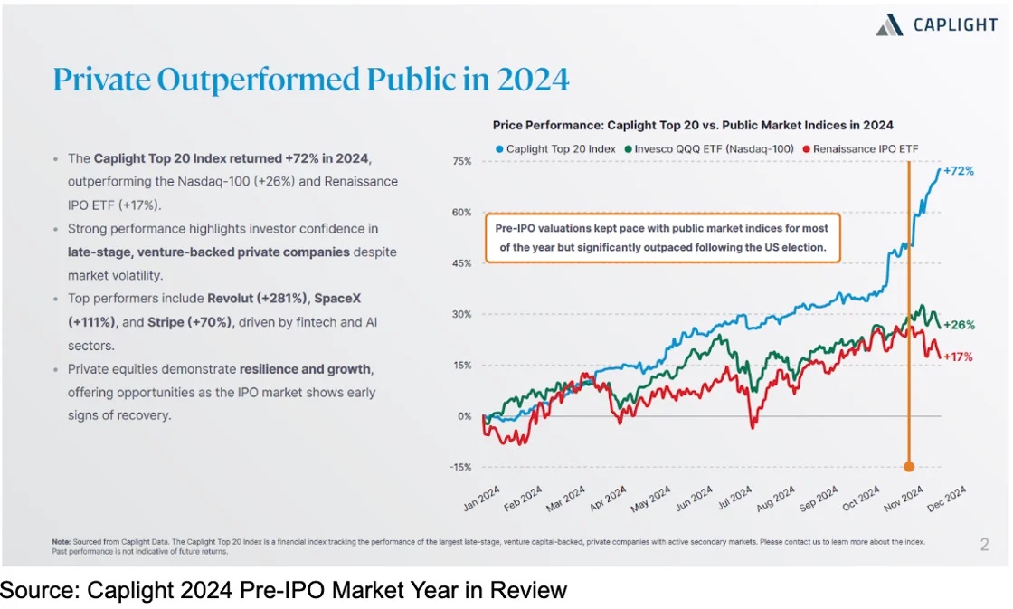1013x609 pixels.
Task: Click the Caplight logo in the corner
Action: coord(936,25)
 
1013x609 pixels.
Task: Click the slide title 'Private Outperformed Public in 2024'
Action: coord(311,80)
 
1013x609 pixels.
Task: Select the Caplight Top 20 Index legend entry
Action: coord(556,148)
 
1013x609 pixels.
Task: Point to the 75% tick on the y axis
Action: coord(461,161)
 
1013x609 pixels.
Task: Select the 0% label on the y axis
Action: coord(463,416)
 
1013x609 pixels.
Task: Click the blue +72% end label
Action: coord(959,170)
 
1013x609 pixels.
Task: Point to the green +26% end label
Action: coord(959,325)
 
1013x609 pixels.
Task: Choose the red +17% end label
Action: coord(959,357)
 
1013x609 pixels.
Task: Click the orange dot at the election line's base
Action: coord(909,467)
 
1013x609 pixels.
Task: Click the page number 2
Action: coord(984,545)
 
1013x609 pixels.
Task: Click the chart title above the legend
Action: coord(693,125)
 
